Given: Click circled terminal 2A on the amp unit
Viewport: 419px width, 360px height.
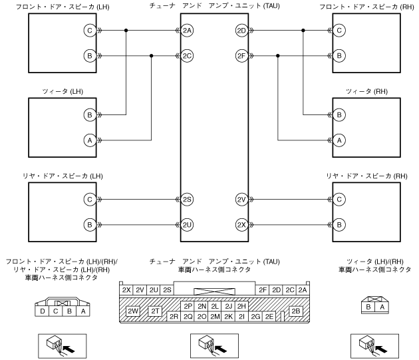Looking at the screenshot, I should (188, 31).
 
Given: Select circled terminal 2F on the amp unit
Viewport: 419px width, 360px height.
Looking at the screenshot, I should (241, 56).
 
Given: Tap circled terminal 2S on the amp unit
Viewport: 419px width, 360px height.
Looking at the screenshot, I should (188, 199).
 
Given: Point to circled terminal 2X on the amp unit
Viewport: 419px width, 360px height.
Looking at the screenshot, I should (241, 224).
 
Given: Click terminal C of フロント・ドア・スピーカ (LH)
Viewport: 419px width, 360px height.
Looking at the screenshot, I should (89, 31).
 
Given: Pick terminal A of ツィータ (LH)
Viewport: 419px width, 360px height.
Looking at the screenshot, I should (89, 140).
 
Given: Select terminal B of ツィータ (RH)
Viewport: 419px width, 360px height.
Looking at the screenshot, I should (339, 114).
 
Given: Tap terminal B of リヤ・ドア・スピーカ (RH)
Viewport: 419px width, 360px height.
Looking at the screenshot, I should (339, 224).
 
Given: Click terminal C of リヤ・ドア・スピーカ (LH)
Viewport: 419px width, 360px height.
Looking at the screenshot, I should (89, 199).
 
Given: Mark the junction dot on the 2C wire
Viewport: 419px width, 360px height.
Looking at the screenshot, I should (152, 56).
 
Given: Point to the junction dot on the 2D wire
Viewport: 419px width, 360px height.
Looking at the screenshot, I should (303, 31).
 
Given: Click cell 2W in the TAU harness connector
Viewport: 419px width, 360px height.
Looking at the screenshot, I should (133, 311).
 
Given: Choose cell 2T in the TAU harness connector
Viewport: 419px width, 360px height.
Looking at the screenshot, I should (156, 311).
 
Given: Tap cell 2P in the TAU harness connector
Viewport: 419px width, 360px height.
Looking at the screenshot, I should (188, 306).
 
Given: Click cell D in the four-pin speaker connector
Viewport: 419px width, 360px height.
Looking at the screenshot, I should (43, 311).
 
